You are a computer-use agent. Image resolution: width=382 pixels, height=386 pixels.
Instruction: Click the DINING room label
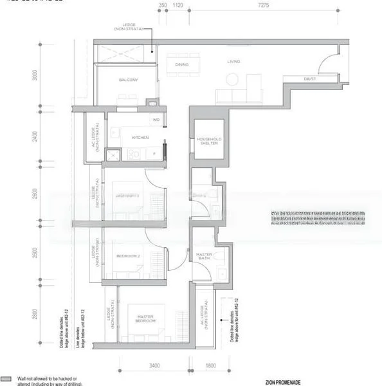click(x=181, y=64)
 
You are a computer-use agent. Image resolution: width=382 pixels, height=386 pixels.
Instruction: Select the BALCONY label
click(x=126, y=80)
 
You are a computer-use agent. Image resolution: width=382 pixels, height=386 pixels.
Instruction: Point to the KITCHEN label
click(x=140, y=137)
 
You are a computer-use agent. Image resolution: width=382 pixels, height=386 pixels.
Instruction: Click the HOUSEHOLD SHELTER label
click(x=210, y=141)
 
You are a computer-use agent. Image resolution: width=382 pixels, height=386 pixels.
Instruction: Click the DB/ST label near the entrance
click(x=312, y=78)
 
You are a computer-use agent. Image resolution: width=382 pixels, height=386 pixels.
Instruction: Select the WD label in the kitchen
click(x=156, y=120)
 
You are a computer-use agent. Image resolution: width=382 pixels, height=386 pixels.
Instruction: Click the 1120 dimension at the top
click(x=178, y=5)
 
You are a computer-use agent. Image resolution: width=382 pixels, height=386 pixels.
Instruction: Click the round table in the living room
click(x=232, y=79)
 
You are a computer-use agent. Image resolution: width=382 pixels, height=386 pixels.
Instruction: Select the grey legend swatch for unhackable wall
click(x=7, y=380)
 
